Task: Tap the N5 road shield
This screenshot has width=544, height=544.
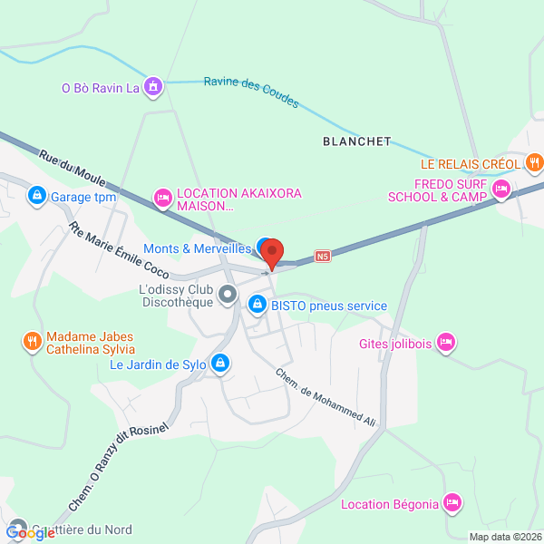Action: click(322, 257)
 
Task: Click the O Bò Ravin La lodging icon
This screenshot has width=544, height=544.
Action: click(154, 87)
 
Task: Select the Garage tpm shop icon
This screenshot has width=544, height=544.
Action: click(37, 195)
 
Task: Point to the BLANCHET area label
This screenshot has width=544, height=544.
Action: click(356, 141)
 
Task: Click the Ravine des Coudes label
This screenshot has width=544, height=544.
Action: click(251, 92)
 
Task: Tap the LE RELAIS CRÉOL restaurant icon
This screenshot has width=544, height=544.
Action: click(534, 164)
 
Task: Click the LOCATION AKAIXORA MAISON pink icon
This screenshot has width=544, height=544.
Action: click(163, 197)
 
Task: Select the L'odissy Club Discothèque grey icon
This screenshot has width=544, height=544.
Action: click(228, 296)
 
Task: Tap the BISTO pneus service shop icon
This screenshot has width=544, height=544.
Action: click(257, 306)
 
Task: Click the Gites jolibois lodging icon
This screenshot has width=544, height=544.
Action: click(445, 342)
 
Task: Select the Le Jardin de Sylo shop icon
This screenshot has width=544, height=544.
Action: click(219, 364)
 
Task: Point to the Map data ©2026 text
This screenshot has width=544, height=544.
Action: click(504, 537)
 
